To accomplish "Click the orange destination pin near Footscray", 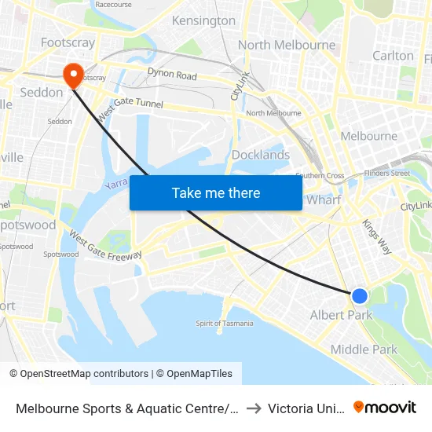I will (x=74, y=75).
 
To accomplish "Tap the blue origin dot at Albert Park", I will (x=359, y=295).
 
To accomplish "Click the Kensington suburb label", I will (x=203, y=20).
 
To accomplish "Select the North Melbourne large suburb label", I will (x=287, y=45).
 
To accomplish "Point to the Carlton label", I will (x=393, y=56).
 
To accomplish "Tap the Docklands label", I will (x=261, y=155).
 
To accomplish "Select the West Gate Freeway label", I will (x=104, y=245).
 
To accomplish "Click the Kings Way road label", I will (x=376, y=236).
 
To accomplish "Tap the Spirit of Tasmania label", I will (x=225, y=323).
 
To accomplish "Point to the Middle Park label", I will (x=364, y=350).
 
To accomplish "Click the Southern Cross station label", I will (x=320, y=175).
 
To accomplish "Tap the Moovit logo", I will (x=385, y=407).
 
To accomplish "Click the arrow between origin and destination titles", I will (x=253, y=408).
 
